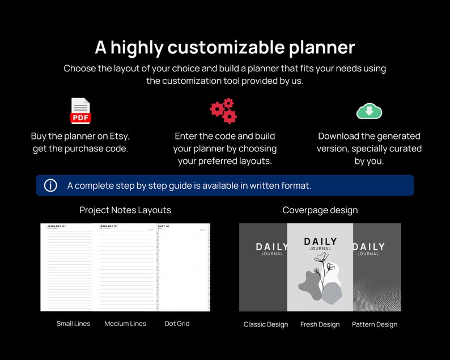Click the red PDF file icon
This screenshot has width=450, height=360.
tap(80, 111)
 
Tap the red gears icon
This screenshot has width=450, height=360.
tap(223, 111)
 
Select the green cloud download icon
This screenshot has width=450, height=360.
tap(369, 111)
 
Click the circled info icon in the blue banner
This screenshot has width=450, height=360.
tap(50, 185)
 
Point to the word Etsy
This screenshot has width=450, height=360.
tap(117, 136)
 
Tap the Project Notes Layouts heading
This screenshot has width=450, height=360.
tap(125, 210)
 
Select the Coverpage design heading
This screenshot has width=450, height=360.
tap(320, 210)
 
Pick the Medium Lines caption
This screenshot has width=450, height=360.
tap(125, 324)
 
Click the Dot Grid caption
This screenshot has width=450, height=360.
tap(177, 324)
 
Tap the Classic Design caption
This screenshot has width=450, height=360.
tap(266, 324)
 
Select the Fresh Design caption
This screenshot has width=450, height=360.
tap(320, 324)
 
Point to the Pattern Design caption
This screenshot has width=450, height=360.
tap(375, 324)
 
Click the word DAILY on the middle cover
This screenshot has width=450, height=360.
tap(320, 242)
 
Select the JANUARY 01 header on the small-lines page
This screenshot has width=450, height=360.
tap(56, 227)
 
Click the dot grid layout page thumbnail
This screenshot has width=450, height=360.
tap(184, 267)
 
